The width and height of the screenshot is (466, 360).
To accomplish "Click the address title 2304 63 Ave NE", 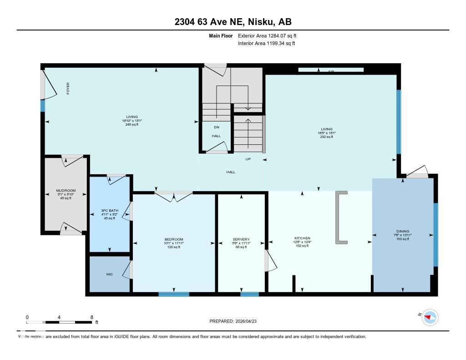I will pos(233,22).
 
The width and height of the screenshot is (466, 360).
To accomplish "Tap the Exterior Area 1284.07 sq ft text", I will pos(267,35).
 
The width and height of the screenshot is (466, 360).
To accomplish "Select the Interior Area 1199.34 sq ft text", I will pos(266,44).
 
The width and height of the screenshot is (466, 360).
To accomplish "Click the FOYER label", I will pos(68,88).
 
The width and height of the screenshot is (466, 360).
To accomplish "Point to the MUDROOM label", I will pos(66,190).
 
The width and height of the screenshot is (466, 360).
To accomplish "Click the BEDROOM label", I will pos(173,239).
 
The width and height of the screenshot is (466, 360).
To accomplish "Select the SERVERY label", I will pos(241,239).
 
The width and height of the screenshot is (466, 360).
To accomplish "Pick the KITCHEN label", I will pos(302,238).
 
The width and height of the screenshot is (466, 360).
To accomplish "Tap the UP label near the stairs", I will pos(248,159).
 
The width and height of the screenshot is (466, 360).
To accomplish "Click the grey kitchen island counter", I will pos(340,217).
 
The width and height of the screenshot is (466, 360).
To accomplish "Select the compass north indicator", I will pos(429,317).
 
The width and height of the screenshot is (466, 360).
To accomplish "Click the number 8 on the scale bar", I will pos(92,317).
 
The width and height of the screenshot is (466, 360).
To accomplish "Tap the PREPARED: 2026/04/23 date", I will pos(236,321).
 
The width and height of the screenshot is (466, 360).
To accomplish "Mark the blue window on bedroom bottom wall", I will pos(174,294).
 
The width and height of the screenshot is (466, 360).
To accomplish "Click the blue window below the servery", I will pos(249,294).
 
